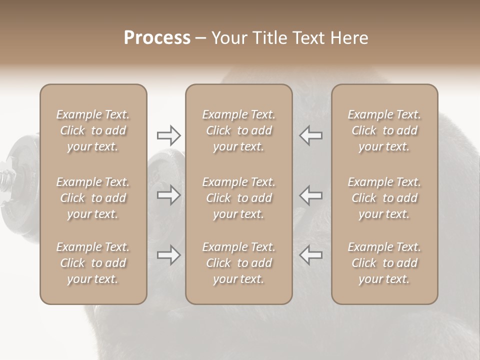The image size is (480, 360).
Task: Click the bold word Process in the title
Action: [157, 38]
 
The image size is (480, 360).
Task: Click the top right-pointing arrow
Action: [168, 135]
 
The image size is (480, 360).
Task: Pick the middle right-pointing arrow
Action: [168, 195]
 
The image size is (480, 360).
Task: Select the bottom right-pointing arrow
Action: [168, 255]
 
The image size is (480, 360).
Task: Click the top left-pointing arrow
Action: [310, 135]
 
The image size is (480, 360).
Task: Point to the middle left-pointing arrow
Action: [310, 195]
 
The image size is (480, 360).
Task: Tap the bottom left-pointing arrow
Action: [310, 255]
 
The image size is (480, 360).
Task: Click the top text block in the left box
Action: [93, 130]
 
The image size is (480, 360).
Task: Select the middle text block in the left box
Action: [93, 198]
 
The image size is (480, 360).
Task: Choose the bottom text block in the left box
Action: [93, 263]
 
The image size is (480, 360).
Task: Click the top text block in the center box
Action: [238, 130]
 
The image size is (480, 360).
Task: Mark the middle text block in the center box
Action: [238, 198]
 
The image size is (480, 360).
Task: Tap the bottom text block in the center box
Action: [238, 263]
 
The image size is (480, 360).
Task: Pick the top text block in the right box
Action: [384, 130]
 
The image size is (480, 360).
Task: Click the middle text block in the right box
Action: [384, 198]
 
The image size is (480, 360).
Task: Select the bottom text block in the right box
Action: [384, 263]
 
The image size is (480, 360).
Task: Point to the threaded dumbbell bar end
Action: [6, 177]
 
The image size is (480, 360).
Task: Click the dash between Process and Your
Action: [201, 38]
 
